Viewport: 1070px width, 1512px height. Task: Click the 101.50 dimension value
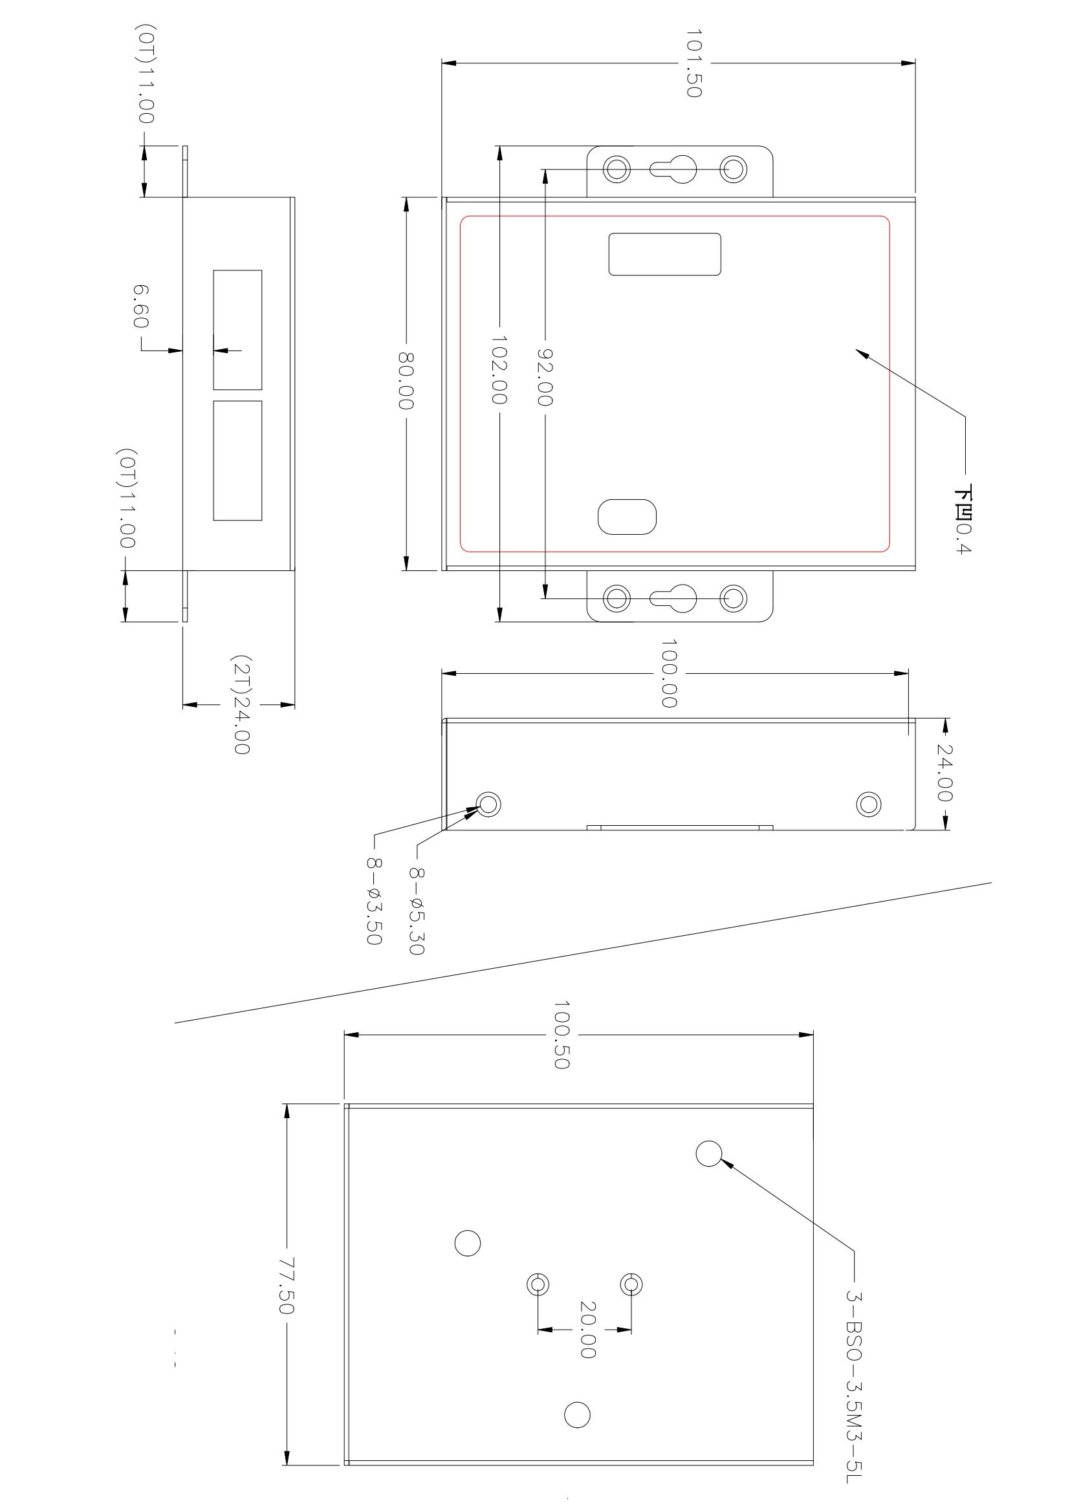coord(693,63)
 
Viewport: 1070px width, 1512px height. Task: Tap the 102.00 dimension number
coord(499,370)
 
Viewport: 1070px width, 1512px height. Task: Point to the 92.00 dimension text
coord(545,376)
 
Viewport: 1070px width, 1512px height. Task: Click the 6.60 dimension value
coord(141,307)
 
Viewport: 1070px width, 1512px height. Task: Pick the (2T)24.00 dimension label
coord(241,704)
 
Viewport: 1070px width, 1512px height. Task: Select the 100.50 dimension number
coord(562,1035)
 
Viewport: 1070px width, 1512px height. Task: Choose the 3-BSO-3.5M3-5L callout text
coord(854,1383)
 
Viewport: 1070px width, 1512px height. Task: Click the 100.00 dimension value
coord(670,673)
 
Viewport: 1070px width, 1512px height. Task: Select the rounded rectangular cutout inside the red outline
coord(664,254)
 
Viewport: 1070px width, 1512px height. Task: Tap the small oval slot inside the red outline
coord(627,517)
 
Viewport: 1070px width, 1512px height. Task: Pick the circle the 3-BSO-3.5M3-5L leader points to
coord(709,1152)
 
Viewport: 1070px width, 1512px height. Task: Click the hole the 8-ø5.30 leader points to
coord(489,804)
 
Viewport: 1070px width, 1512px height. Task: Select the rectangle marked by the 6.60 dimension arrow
coord(237,329)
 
